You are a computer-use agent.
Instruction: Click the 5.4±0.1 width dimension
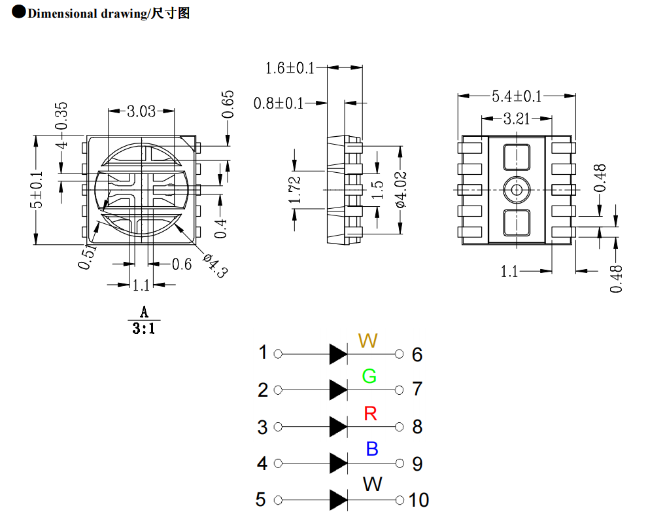(x=517, y=96)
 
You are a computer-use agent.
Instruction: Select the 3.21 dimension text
(x=517, y=118)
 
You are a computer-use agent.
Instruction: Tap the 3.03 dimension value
(x=141, y=111)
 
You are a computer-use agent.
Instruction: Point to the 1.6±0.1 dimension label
(x=290, y=67)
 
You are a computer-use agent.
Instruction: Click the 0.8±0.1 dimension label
(x=279, y=103)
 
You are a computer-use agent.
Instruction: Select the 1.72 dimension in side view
(x=295, y=190)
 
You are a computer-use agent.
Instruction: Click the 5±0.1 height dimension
(x=37, y=190)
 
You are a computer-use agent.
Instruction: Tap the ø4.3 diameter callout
(x=214, y=265)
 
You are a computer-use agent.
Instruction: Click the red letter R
(x=371, y=414)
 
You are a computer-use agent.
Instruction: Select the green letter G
(x=369, y=376)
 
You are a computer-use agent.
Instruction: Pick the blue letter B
(x=372, y=449)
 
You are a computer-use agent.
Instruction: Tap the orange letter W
(x=368, y=340)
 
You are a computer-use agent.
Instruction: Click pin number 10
(x=419, y=500)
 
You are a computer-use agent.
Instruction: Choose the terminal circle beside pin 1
(x=278, y=354)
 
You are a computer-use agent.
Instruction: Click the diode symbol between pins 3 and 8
(x=338, y=427)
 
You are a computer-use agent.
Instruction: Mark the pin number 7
(x=417, y=389)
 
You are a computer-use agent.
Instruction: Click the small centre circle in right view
(x=517, y=190)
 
